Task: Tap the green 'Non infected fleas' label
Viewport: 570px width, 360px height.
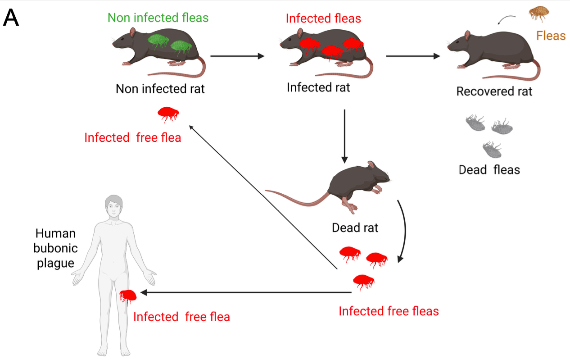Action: click(x=158, y=18)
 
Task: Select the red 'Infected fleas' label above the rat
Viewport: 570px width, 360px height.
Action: click(x=323, y=18)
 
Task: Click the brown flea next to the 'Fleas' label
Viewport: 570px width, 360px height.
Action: click(x=538, y=14)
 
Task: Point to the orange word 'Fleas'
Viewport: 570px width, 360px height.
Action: click(x=551, y=35)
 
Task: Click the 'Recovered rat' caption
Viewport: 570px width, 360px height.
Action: click(x=494, y=91)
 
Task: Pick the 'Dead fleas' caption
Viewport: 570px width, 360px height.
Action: click(x=489, y=170)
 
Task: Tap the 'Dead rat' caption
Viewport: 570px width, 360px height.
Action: click(x=355, y=228)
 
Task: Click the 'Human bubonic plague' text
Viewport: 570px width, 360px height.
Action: click(x=55, y=248)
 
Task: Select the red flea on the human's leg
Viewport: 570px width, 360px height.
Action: click(x=128, y=296)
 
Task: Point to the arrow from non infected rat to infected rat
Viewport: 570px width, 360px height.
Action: click(x=237, y=56)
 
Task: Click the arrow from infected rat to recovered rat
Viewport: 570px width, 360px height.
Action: click(x=412, y=56)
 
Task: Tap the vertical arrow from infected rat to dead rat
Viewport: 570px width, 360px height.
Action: click(x=344, y=135)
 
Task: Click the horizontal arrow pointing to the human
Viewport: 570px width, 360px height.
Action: click(x=245, y=292)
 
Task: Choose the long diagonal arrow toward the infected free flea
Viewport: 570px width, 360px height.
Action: click(x=263, y=198)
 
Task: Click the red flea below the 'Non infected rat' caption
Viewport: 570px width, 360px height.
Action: click(x=168, y=114)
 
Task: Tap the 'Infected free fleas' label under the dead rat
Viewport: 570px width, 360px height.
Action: click(x=389, y=311)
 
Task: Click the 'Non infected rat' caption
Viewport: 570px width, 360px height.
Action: click(x=160, y=89)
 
